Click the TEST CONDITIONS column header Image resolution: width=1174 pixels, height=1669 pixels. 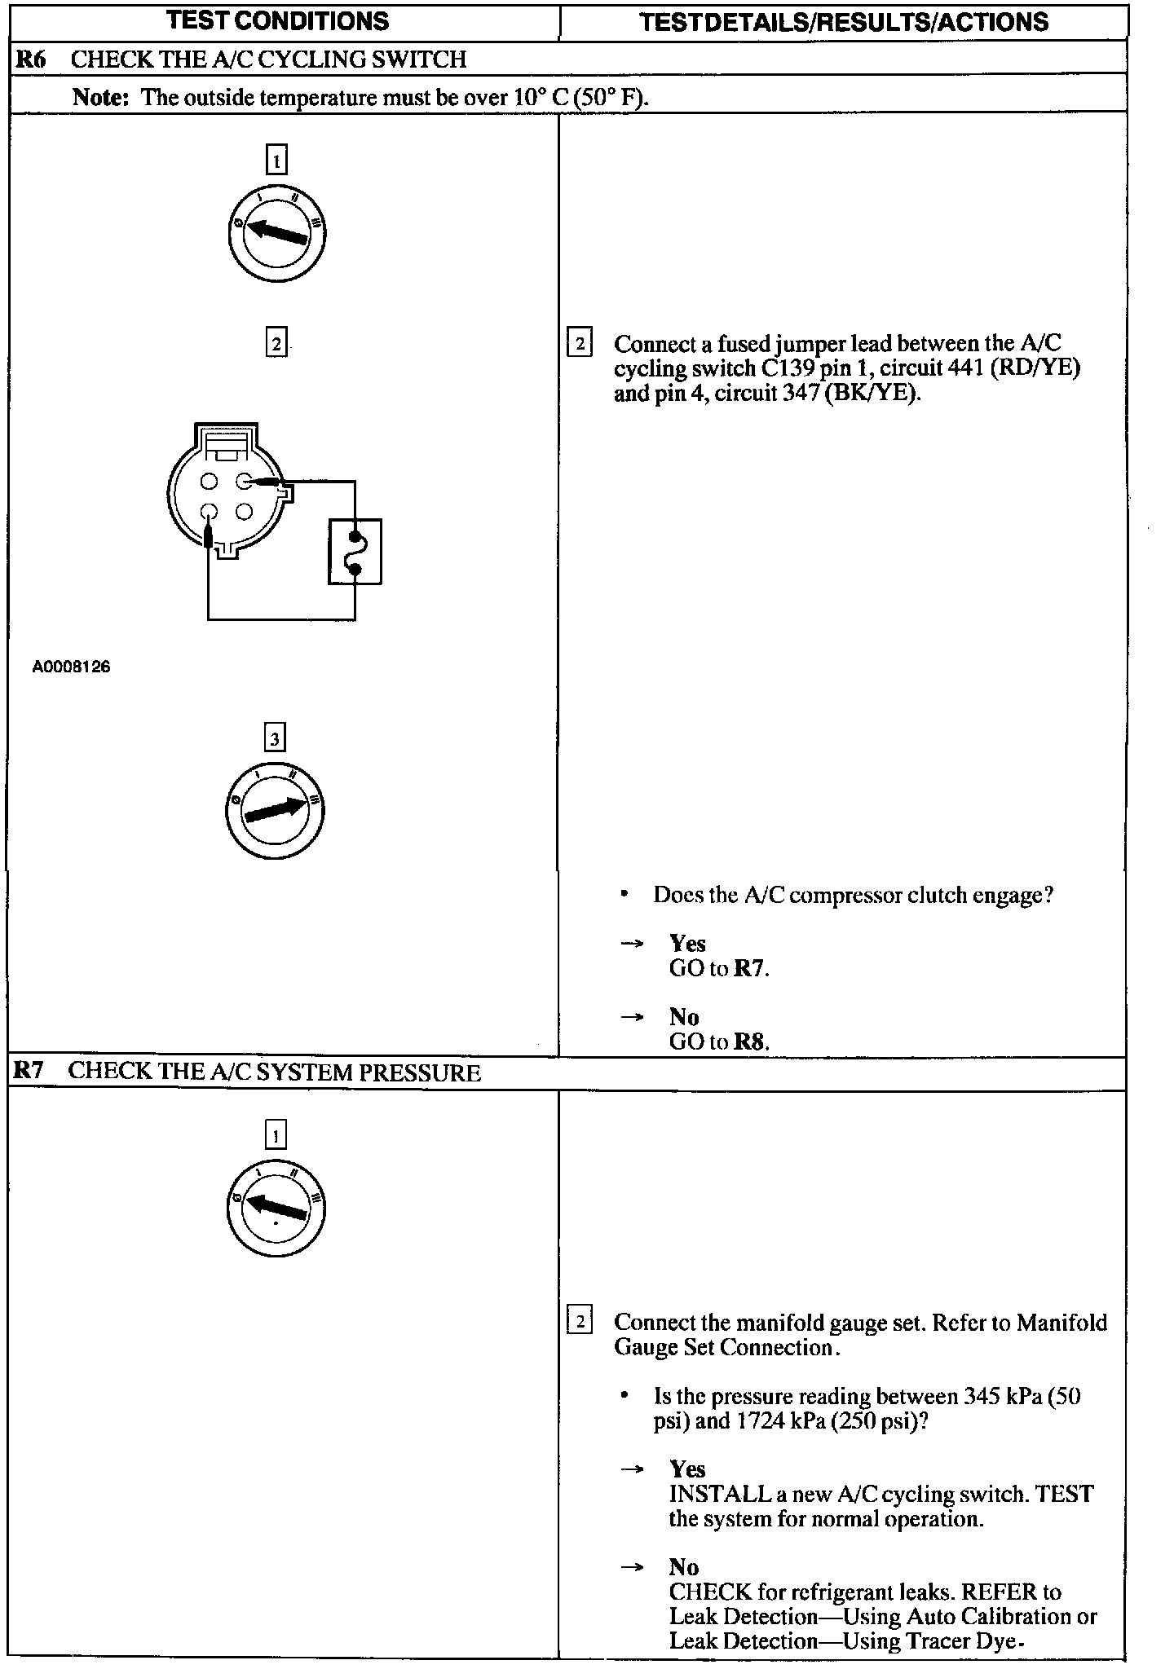tap(277, 21)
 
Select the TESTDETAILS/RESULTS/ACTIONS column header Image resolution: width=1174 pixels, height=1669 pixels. tap(844, 22)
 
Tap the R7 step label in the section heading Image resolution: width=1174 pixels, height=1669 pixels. tap(29, 1071)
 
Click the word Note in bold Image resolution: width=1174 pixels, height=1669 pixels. tap(100, 98)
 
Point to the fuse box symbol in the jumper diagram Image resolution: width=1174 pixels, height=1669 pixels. tap(355, 552)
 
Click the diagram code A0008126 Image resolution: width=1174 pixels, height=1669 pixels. tap(72, 667)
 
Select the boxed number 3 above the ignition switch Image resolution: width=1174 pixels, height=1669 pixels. tap(275, 738)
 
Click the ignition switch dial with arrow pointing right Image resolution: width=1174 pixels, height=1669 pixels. tap(275, 810)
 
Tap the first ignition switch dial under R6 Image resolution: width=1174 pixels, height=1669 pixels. tap(276, 234)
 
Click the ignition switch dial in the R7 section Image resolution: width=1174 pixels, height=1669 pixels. tap(276, 1208)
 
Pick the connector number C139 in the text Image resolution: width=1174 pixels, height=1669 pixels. tap(788, 368)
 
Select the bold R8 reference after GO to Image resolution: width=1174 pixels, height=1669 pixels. tap(750, 1041)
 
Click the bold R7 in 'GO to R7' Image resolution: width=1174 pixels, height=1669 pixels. tap(750, 968)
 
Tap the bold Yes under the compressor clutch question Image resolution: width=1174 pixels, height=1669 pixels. tap(687, 944)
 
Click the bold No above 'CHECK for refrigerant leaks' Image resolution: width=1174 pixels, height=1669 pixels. tap(684, 1566)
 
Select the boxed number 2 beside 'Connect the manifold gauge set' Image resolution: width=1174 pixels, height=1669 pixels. tap(580, 1321)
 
